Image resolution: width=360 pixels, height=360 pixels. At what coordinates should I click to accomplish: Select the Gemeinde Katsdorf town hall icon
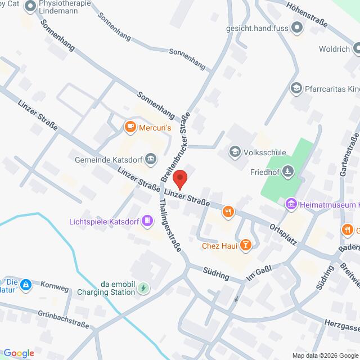click(x=150, y=160)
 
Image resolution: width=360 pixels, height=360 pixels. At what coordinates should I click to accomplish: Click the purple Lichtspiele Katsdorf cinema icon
click(x=147, y=220)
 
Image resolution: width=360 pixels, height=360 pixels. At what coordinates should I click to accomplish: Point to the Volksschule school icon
click(x=234, y=152)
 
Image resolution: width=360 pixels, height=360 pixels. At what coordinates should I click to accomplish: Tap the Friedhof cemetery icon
click(x=289, y=171)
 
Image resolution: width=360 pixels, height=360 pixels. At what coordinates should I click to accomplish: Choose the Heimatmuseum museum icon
click(x=291, y=205)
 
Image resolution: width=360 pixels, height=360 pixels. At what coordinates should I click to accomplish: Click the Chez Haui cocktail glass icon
click(x=245, y=245)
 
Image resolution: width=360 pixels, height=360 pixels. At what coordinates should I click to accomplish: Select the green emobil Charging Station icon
click(x=144, y=289)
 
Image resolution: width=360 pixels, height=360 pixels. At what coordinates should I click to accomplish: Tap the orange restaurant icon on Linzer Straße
click(x=227, y=211)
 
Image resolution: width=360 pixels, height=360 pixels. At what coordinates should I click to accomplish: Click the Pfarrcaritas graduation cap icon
click(x=296, y=88)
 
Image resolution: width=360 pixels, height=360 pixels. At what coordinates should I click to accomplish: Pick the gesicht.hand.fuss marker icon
click(x=298, y=27)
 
